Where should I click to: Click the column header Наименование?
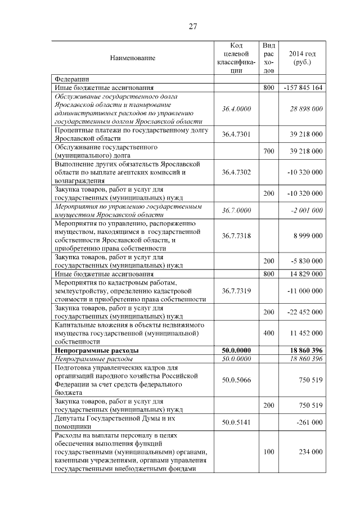click(x=133, y=58)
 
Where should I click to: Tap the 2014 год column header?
click(x=302, y=57)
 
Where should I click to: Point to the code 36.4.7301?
click(x=236, y=134)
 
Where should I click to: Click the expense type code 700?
click(x=269, y=151)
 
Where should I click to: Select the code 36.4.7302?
click(x=236, y=172)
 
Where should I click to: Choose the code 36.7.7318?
click(x=236, y=235)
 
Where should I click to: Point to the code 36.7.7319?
click(x=236, y=290)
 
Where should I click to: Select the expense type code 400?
click(x=269, y=333)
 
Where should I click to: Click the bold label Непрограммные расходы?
click(x=97, y=350)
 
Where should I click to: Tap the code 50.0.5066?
click(x=236, y=380)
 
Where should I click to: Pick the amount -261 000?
click(x=309, y=422)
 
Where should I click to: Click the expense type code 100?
click(x=269, y=452)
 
